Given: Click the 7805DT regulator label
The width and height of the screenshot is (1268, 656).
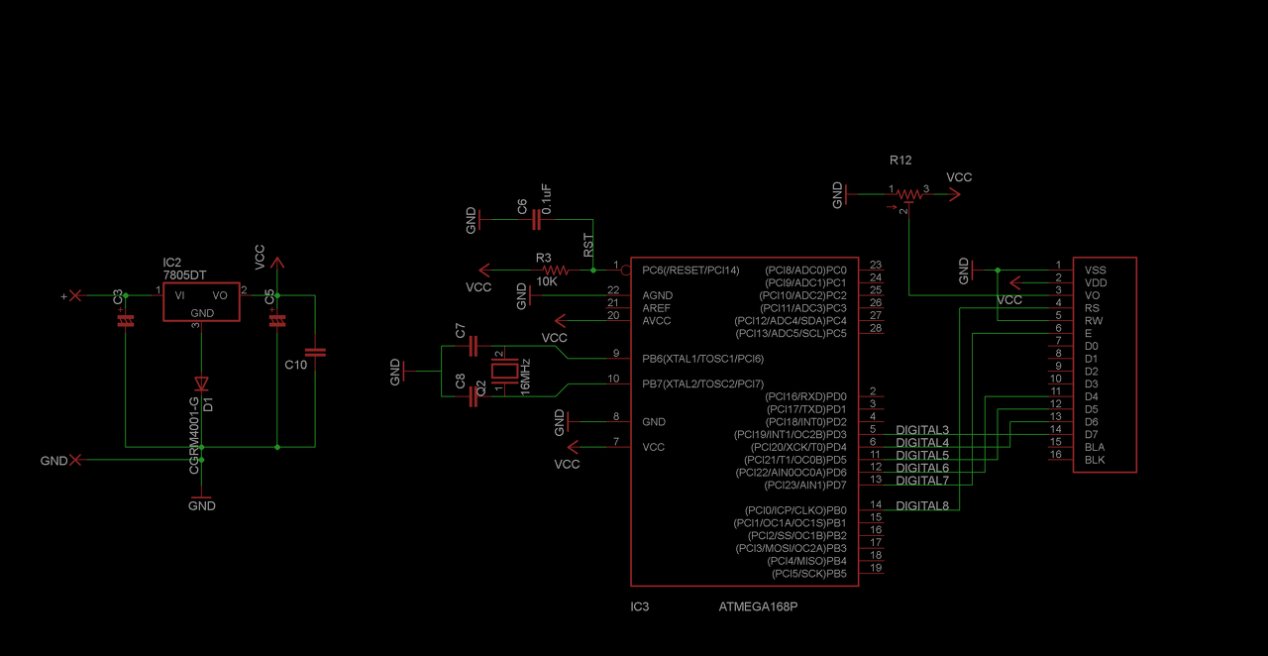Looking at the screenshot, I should (185, 274).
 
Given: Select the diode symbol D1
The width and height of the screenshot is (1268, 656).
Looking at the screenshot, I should (201, 383).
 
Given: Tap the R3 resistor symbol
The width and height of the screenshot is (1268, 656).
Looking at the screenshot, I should (554, 270).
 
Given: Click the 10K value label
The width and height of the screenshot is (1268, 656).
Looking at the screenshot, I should (547, 281).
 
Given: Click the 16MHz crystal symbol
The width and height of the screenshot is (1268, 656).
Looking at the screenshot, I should (504, 374).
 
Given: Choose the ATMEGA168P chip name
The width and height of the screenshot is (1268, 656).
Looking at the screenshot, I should (758, 606).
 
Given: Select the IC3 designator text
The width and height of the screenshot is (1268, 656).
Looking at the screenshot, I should (640, 606).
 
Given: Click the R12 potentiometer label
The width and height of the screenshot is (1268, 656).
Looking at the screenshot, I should (900, 160).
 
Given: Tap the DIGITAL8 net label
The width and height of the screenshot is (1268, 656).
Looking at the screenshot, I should (922, 506).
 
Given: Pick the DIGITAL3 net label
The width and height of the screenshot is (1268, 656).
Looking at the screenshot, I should (922, 430).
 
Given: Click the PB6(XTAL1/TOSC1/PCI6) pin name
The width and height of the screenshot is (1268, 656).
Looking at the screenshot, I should (703, 358).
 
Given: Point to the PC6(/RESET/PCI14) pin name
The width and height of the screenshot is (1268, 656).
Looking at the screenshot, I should (690, 270).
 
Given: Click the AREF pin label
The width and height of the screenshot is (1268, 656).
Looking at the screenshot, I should (657, 308).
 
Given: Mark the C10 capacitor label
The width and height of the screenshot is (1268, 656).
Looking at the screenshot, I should (296, 365).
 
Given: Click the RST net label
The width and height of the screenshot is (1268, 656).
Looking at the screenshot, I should (587, 246).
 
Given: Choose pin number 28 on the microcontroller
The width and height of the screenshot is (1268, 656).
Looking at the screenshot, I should (876, 328).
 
